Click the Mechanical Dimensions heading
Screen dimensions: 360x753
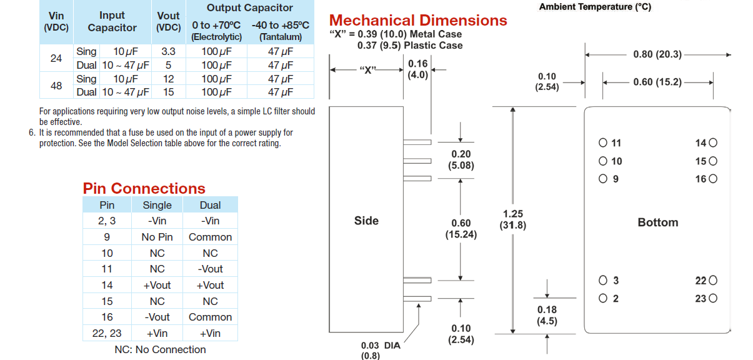418,21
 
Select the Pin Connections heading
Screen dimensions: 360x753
144,188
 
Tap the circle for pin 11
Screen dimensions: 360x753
602,143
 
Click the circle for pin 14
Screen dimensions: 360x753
713,143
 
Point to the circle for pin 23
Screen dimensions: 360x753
713,299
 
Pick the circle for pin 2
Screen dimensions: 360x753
602,299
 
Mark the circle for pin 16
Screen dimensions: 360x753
713,179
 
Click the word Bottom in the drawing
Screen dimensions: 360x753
657,222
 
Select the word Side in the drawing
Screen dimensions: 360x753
366,221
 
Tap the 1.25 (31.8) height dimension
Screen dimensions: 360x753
512,219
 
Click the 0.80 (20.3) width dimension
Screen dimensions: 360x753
657,54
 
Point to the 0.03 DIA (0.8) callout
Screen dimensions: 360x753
380,350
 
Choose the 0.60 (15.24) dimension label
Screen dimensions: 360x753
461,229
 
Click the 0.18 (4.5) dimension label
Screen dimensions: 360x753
547,316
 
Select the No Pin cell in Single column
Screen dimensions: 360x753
157,237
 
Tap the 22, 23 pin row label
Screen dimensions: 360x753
107,333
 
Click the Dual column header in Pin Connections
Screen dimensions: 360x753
210,205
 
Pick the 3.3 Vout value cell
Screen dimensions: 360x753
168,52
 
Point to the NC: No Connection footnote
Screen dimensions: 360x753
160,349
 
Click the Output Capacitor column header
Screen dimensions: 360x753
249,8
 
